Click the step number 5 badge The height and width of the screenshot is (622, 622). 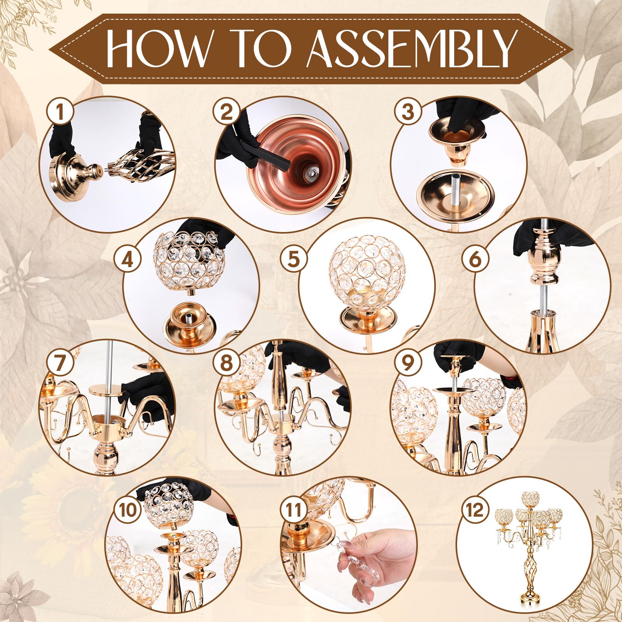pos(294,259)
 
